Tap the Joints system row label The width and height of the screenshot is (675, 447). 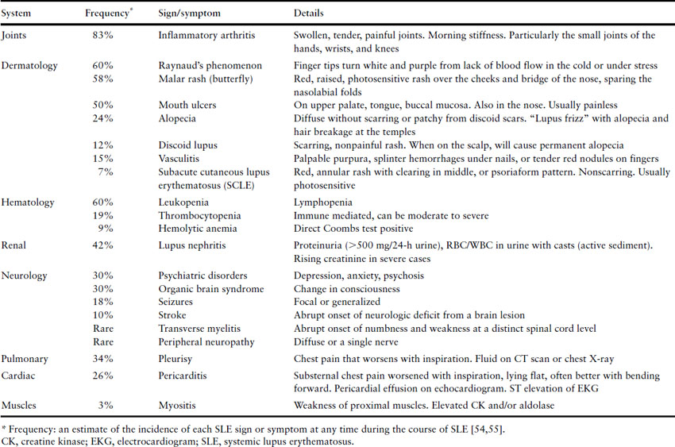tap(17, 36)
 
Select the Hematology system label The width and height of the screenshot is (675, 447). tap(28, 202)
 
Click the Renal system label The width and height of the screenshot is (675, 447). tap(15, 246)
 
